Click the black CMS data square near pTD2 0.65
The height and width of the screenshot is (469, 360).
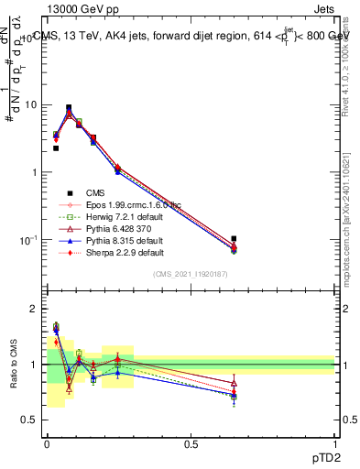pos(235,238)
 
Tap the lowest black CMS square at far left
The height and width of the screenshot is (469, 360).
pos(56,147)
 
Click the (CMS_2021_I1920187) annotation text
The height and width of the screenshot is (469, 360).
pos(191,274)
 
